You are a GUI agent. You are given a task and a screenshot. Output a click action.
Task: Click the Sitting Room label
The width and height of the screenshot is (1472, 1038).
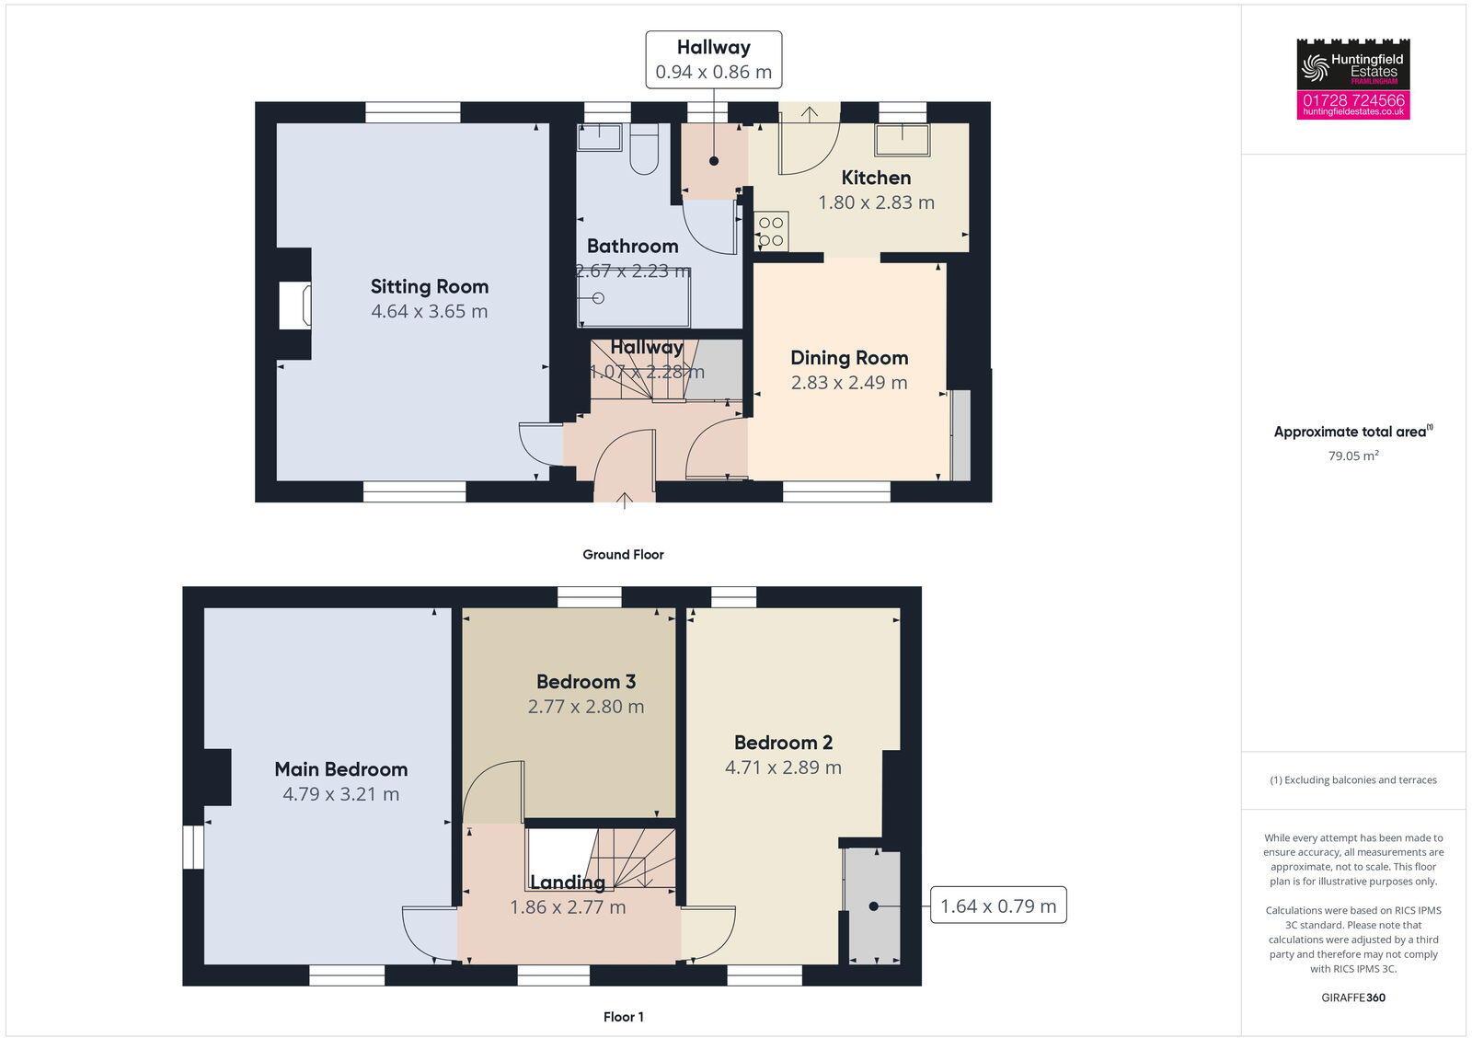(x=429, y=286)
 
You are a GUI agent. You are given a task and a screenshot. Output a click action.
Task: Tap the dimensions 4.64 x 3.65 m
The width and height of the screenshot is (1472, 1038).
(x=429, y=311)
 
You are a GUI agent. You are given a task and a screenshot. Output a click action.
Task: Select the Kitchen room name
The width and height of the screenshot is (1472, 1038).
(x=876, y=178)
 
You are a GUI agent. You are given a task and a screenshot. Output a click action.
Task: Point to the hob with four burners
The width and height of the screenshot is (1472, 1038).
(x=771, y=232)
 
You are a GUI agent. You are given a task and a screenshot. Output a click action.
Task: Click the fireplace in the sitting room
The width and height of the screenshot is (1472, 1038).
(x=294, y=305)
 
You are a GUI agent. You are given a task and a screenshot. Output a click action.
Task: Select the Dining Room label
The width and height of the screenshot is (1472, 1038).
(x=848, y=358)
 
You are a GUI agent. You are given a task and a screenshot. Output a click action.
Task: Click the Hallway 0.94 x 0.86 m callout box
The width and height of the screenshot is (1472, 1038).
(x=713, y=60)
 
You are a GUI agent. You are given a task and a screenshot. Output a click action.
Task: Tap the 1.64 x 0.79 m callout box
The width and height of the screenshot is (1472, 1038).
(x=997, y=905)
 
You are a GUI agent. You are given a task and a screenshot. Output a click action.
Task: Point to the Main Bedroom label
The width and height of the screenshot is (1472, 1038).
(x=340, y=769)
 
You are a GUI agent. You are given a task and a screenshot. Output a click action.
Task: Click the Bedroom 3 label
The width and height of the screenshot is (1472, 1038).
(x=585, y=682)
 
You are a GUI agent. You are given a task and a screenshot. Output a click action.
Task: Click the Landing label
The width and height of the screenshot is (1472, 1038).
(x=568, y=882)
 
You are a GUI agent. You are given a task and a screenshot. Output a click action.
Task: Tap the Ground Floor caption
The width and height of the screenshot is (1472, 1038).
(x=623, y=554)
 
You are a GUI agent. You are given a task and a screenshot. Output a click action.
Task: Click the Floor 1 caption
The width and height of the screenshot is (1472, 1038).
(x=623, y=1017)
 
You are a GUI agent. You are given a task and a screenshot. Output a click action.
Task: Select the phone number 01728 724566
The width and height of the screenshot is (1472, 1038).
(x=1352, y=99)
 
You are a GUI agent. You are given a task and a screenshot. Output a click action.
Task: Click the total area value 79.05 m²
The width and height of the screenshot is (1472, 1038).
(x=1352, y=456)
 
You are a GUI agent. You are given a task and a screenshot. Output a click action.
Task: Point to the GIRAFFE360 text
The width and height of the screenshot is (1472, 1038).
(x=1352, y=998)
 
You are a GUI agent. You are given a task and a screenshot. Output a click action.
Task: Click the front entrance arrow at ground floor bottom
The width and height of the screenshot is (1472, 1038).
(x=624, y=501)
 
